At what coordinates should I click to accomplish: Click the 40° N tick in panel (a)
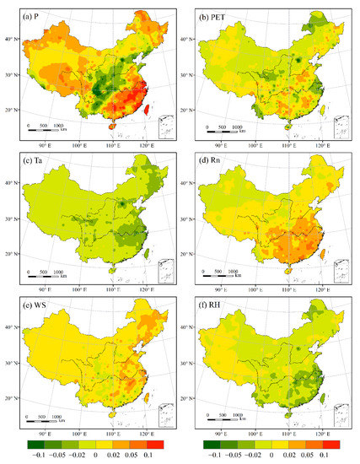(12, 39)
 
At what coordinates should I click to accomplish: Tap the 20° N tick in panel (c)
(12, 254)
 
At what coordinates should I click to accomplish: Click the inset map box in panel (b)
(336, 125)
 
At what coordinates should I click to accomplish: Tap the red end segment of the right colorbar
(326, 443)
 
